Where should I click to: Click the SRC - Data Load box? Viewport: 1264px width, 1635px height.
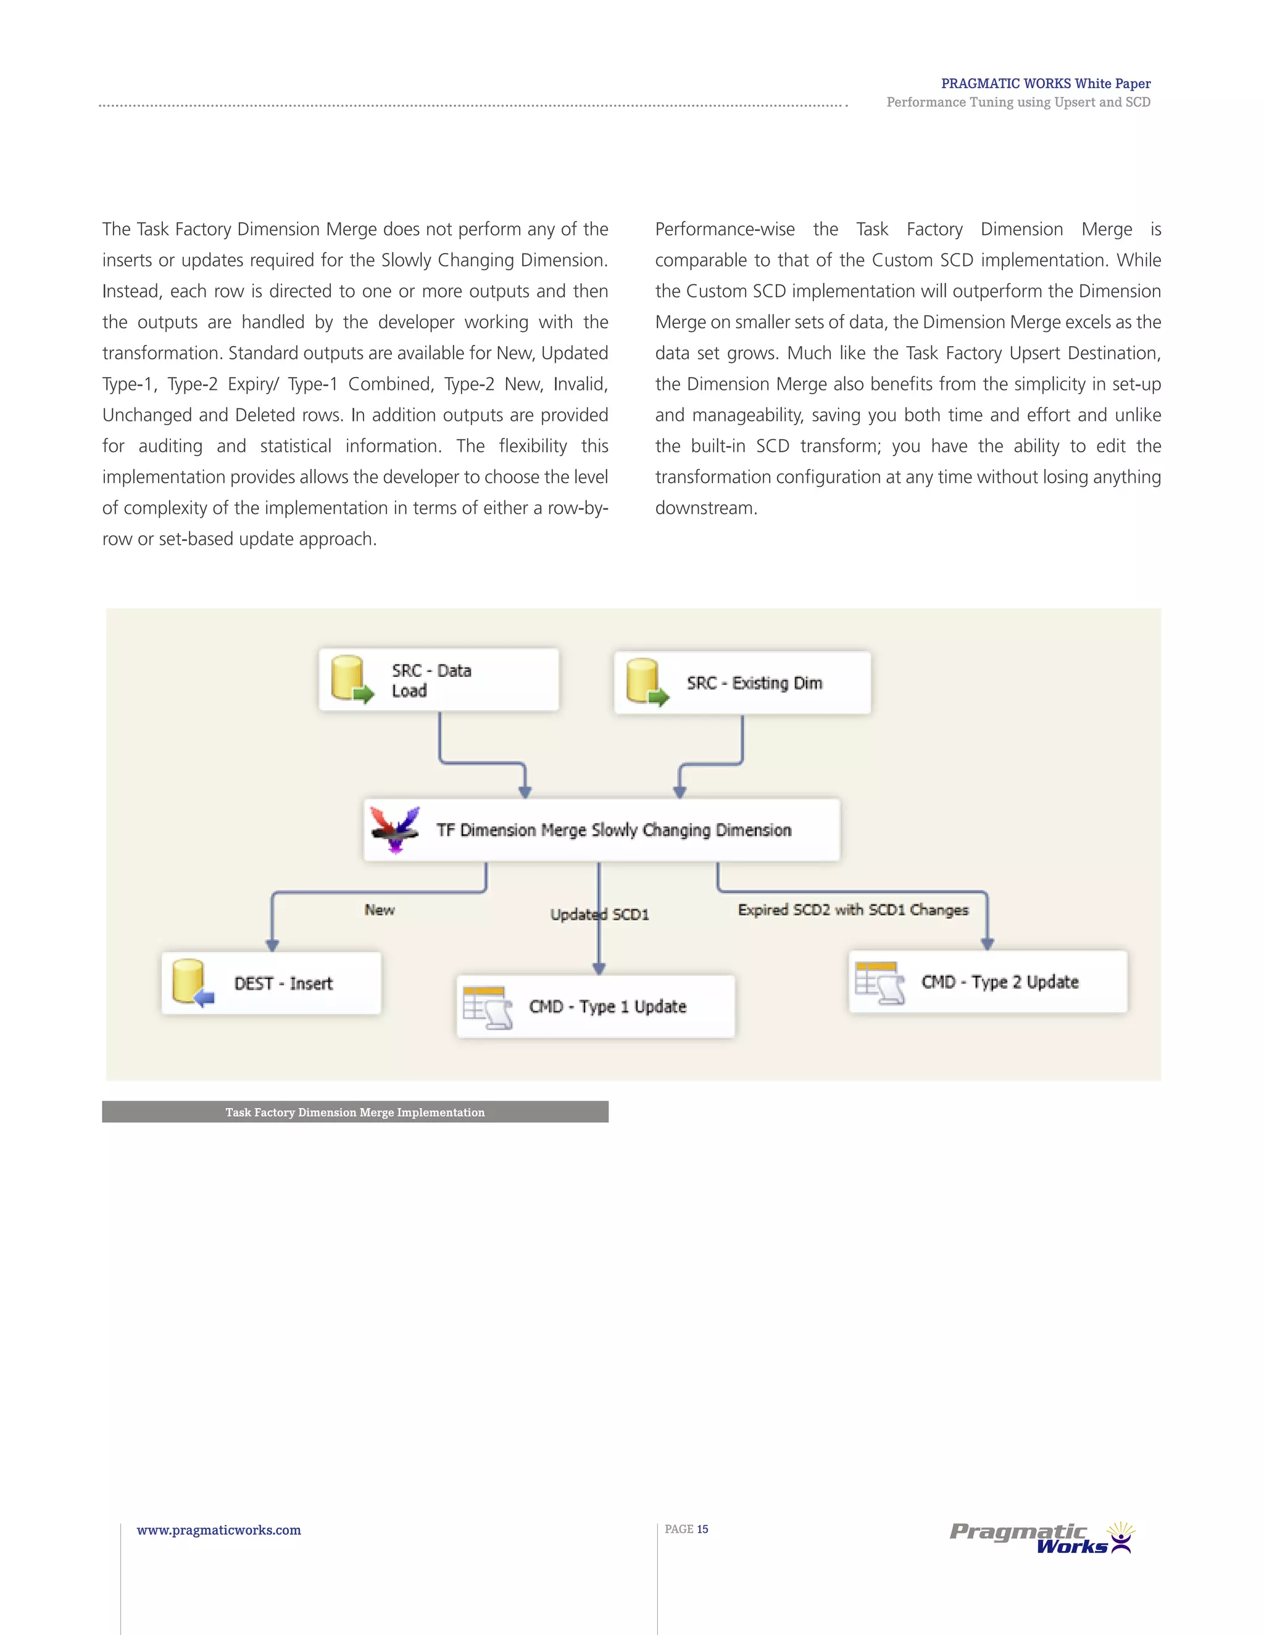tap(439, 680)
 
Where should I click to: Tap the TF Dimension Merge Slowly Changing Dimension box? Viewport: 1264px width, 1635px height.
tap(602, 829)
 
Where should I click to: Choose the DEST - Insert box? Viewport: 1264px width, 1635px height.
tap(271, 983)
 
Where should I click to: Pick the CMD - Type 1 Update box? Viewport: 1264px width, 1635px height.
tap(596, 1006)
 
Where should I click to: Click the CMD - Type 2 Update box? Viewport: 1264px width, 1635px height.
tap(987, 982)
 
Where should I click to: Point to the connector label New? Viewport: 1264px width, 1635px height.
tap(380, 909)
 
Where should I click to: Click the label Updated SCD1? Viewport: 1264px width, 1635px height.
tap(600, 914)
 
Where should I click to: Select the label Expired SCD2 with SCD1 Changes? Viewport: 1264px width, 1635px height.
tap(853, 909)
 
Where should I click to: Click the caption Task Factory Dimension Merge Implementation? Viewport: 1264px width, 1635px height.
tap(355, 1112)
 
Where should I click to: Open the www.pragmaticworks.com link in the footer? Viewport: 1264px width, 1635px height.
tap(218, 1529)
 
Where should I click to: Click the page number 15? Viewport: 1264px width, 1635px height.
tap(702, 1529)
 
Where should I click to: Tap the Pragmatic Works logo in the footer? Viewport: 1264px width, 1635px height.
tap(1041, 1538)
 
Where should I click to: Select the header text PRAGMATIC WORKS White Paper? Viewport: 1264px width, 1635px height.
tap(1046, 83)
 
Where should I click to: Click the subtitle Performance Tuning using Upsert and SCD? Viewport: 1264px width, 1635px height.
tap(1018, 102)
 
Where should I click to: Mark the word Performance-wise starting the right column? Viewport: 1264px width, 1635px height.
tap(725, 229)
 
